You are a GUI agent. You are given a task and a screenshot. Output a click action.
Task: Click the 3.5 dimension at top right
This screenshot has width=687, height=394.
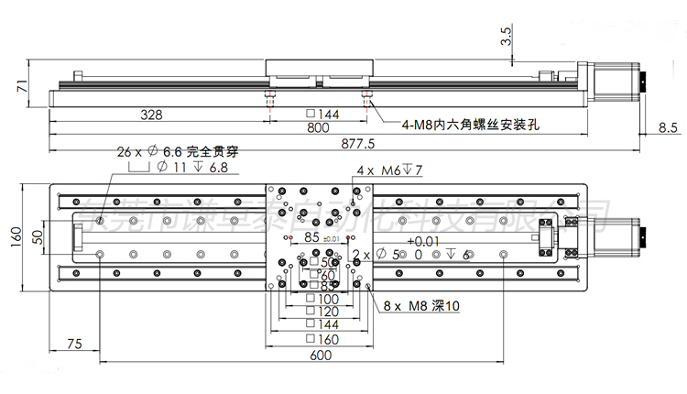pyautogui.click(x=507, y=36)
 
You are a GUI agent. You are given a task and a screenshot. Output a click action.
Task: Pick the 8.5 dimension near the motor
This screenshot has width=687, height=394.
pyautogui.click(x=668, y=128)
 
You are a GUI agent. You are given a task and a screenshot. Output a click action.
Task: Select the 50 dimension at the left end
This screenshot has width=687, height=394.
pyautogui.click(x=38, y=236)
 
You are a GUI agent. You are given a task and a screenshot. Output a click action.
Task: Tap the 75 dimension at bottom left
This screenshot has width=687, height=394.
pyautogui.click(x=75, y=344)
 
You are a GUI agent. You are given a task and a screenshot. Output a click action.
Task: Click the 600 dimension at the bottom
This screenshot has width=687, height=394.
pyautogui.click(x=320, y=356)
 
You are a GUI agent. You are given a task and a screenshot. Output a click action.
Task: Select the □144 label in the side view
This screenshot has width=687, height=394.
pyautogui.click(x=322, y=115)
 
